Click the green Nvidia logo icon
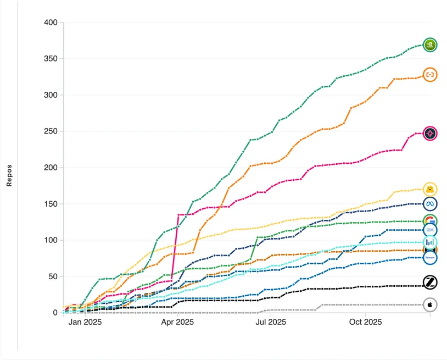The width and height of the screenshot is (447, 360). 430,45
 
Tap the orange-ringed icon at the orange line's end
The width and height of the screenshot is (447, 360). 430,74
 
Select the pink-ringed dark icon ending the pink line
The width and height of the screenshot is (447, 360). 430,134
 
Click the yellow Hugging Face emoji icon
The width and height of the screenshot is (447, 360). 430,190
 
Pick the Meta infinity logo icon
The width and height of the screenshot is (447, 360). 430,204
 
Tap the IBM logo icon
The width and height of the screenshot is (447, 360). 430,230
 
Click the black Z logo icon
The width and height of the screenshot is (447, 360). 430,283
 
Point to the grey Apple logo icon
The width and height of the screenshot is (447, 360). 430,304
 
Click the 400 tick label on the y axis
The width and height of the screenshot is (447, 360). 50,23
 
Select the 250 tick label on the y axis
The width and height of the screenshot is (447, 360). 50,131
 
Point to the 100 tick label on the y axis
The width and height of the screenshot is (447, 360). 50,240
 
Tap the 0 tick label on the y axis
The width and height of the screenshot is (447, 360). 54,313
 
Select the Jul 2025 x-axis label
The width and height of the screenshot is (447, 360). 271,322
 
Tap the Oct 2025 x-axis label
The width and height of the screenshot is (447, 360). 365,322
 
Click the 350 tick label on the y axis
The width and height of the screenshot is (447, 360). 50,59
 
